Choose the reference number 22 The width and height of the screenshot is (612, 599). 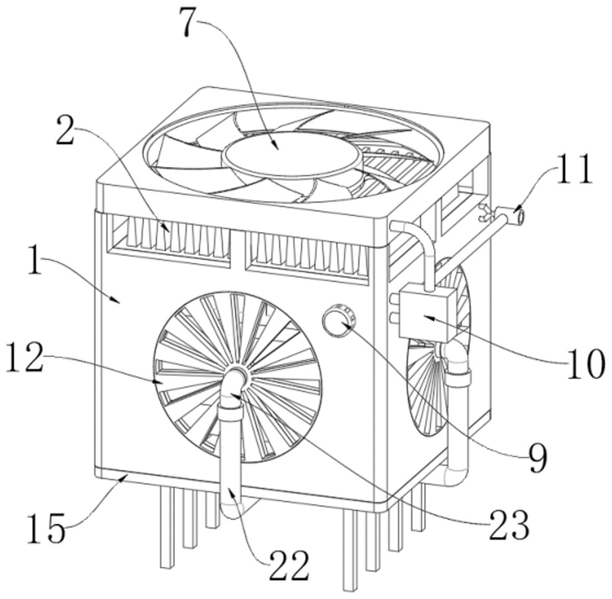[289, 565]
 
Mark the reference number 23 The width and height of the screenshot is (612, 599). [509, 524]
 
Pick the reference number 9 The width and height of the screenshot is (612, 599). [537, 458]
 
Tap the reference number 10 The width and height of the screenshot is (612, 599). [586, 364]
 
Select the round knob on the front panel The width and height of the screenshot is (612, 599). [339, 321]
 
